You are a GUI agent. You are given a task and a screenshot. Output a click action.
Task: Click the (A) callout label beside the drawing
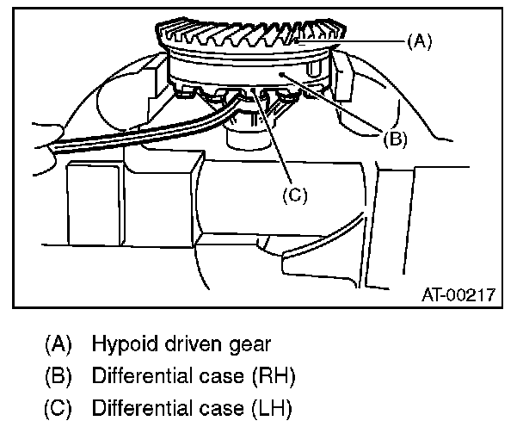click(x=419, y=40)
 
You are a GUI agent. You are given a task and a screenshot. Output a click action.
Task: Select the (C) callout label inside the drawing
click(x=293, y=195)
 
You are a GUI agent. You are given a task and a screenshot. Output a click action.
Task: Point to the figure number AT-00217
click(x=458, y=294)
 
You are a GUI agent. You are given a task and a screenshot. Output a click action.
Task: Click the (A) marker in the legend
click(x=58, y=344)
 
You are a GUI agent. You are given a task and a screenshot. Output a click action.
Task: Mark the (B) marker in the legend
click(x=58, y=375)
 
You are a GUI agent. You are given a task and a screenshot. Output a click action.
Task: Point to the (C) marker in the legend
click(x=58, y=406)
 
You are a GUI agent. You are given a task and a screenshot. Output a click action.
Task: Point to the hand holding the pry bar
click(x=34, y=138)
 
